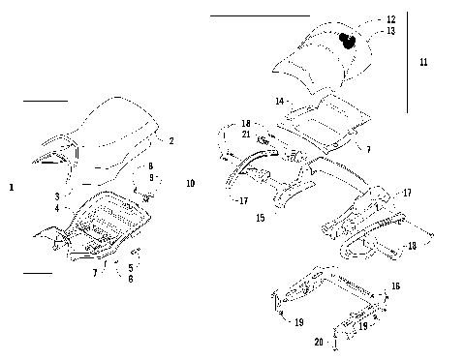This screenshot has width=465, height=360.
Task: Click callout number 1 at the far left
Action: (11, 186)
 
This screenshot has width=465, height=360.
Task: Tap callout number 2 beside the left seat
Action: (171, 141)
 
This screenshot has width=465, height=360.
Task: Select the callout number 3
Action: (57, 195)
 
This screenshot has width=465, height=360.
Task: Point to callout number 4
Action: (57, 208)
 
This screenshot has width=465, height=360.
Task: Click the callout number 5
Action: (130, 266)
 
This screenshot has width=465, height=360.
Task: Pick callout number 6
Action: (130, 279)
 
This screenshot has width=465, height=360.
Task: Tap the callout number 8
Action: (150, 166)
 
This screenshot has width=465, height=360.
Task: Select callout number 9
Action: (150, 178)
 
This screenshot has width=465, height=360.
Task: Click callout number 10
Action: (190, 183)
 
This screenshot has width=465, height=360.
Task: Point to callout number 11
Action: (423, 61)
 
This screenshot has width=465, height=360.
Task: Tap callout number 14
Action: (278, 101)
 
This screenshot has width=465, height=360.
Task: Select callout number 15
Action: (259, 219)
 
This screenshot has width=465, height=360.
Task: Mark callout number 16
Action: (394, 287)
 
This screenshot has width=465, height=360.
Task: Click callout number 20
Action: (318, 342)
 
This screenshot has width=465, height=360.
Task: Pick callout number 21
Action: (246, 135)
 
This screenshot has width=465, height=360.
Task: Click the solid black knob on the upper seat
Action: (347, 40)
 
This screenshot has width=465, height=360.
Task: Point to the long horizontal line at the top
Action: (260, 16)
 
